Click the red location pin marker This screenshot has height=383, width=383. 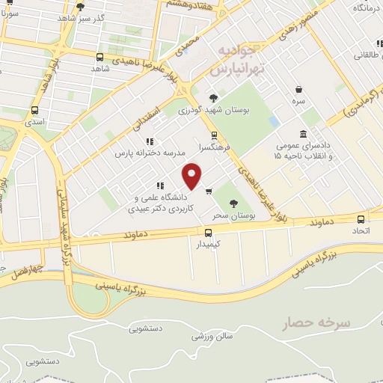tap(193, 177)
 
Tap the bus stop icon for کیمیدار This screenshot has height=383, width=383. tap(209, 233)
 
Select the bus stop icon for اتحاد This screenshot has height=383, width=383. tap(361, 220)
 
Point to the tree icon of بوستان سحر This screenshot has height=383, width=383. tap(234, 203)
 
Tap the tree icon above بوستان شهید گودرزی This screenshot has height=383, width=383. tap(214, 98)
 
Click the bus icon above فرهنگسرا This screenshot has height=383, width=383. tap(215, 135)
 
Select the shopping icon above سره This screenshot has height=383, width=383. tap(298, 88)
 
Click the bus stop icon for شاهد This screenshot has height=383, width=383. tap(100, 57)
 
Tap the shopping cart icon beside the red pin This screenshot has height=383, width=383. tap(209, 190)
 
